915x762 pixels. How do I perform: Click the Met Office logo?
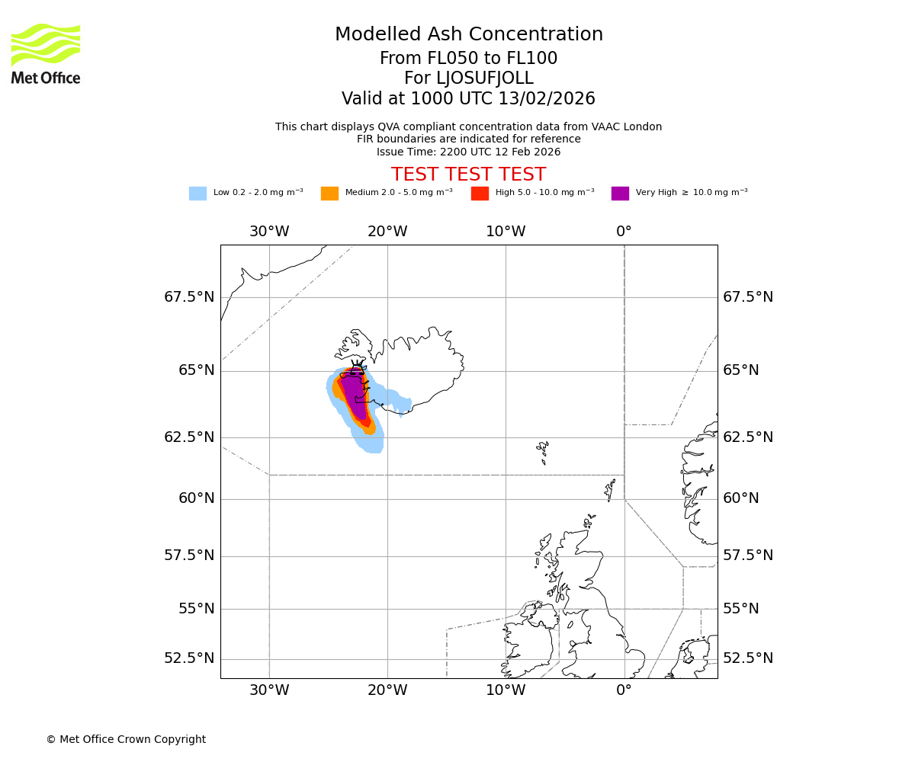tap(46, 53)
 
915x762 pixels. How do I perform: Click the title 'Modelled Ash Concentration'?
tap(468, 35)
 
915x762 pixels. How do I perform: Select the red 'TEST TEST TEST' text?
tap(468, 175)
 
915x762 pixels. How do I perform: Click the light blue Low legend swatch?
tap(197, 194)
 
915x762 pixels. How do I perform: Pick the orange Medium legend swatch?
tap(329, 194)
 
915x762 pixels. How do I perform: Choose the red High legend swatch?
tap(480, 194)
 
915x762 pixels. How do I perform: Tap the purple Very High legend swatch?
tap(620, 194)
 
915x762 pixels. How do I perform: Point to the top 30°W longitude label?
tap(269, 232)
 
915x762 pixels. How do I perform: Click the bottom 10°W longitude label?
tap(506, 690)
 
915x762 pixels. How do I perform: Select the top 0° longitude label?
tap(624, 232)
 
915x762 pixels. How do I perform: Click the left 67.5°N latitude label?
tap(189, 297)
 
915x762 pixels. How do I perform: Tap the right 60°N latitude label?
tap(741, 498)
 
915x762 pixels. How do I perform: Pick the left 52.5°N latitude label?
tap(189, 658)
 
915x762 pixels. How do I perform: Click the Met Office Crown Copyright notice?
tap(126, 740)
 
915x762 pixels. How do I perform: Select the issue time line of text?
tap(468, 152)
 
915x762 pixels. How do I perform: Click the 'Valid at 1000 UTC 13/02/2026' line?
tap(468, 99)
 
